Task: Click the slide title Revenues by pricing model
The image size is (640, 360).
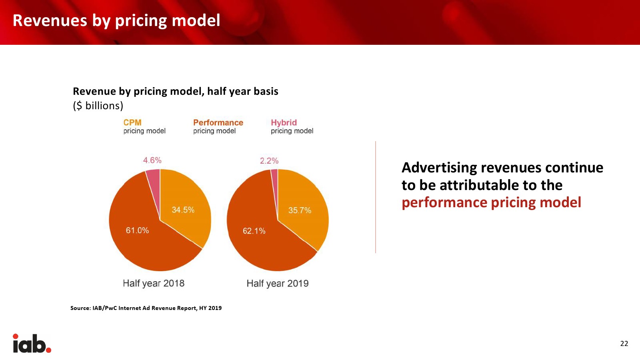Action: click(x=116, y=21)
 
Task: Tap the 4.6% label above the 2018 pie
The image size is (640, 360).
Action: click(x=152, y=160)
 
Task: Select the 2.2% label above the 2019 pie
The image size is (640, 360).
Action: click(x=269, y=161)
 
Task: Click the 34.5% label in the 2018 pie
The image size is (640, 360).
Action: click(x=183, y=210)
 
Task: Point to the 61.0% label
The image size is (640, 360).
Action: click(x=138, y=230)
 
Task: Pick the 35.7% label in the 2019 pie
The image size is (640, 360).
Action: click(x=300, y=210)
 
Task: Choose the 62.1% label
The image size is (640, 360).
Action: click(x=254, y=231)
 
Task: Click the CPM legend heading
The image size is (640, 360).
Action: click(x=132, y=122)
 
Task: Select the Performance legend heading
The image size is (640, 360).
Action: click(x=218, y=122)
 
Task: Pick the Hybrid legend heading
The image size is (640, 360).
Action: click(x=284, y=122)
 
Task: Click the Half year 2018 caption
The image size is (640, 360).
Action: click(x=154, y=284)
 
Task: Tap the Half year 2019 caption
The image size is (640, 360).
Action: click(x=278, y=284)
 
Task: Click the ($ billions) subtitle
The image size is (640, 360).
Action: click(x=98, y=106)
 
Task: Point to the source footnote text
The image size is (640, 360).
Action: click(x=146, y=308)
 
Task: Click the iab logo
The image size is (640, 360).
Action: click(x=32, y=343)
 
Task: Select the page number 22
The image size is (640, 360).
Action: click(x=624, y=344)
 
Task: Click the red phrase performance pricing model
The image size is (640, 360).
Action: click(x=492, y=203)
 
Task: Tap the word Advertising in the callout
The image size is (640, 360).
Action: click(x=439, y=168)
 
